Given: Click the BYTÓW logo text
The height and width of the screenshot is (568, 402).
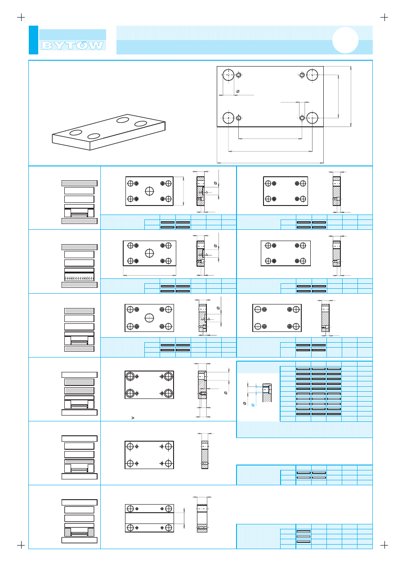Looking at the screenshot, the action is pos(72,45).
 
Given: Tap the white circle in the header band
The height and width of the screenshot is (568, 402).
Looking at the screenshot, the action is pos(345,40).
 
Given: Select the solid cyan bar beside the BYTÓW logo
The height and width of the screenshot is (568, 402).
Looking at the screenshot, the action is pos(33,40).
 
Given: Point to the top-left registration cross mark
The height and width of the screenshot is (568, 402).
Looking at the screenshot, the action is pos(21,18).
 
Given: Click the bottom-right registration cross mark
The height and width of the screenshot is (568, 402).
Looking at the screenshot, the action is pos(384,545).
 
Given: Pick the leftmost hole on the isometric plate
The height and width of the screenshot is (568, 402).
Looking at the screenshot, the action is pos(76,133).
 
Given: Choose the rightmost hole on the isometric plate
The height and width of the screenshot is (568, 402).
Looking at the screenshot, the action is pos(141,124).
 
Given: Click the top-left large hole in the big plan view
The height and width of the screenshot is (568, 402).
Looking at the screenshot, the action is pos(228,75).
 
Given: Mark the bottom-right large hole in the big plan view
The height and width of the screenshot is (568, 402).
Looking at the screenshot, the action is pos(312,118).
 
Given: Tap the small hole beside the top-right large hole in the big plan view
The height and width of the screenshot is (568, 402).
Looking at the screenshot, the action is pos(302,75).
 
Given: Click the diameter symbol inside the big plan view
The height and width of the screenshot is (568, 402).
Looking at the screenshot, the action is pos(238,91).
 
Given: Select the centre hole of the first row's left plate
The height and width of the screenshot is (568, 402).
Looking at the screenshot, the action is pos(150,191).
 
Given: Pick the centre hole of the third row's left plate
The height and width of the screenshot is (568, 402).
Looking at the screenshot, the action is pos(149,318).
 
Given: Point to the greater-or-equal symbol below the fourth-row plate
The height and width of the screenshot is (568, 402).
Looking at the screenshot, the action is pos(133,418).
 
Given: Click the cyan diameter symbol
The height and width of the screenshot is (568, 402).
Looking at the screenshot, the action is pos(253,405).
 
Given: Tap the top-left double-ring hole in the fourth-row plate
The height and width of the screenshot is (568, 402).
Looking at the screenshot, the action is pos(130,376).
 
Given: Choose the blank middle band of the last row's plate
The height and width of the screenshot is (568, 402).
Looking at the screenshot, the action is pos(149,518).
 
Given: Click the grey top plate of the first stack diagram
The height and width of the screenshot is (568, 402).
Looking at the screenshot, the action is pos(80,183).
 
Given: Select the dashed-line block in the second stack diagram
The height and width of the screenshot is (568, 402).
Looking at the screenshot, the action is pos(79,277).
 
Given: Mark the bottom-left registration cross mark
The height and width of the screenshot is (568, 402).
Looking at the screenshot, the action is pos(21,545).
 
